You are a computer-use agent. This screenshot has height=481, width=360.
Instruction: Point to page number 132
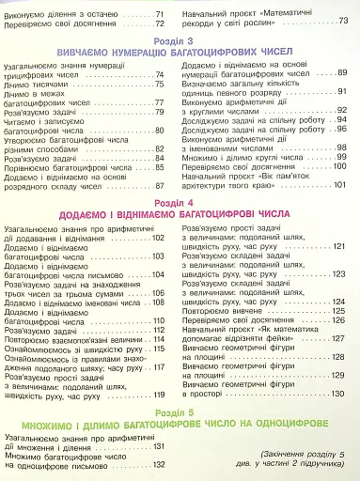click(158, 464)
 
